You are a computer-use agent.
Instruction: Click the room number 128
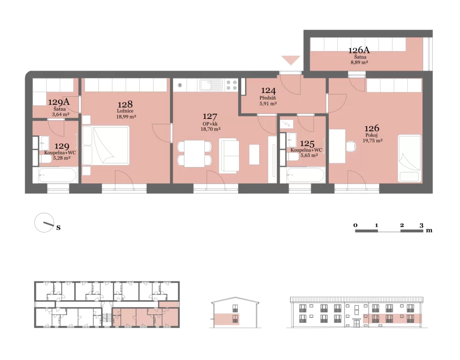coord(125,105)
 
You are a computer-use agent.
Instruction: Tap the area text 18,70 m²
coord(210,129)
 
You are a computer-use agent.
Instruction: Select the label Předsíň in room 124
coord(268,98)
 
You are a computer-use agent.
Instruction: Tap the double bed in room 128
coord(106,145)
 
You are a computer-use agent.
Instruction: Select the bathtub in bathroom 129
coord(55,175)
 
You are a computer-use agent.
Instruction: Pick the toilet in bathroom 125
coord(293,157)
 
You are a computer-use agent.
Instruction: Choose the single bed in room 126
coord(410,158)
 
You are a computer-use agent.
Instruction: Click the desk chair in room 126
coord(351,147)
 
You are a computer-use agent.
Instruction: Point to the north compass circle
coord(44,223)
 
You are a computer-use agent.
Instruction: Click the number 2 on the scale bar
coord(402,225)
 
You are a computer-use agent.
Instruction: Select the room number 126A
coord(359,50)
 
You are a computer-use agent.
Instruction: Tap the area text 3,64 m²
coord(61,114)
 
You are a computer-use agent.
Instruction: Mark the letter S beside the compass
coord(58,228)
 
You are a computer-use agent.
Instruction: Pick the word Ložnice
coord(125,111)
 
